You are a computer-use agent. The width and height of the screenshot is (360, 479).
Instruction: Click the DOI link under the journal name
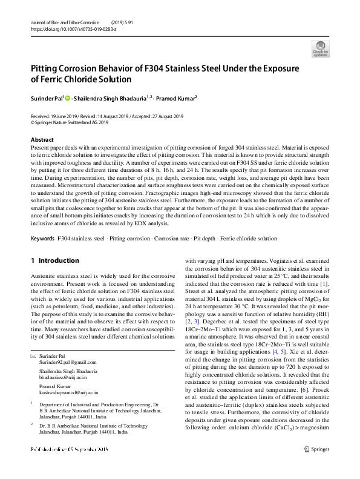(61, 29)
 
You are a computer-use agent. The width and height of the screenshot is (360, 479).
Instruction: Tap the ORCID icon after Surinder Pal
(67, 97)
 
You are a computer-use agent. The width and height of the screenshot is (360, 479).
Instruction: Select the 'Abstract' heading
(42, 139)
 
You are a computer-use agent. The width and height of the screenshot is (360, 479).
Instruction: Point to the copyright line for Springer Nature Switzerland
(70, 122)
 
